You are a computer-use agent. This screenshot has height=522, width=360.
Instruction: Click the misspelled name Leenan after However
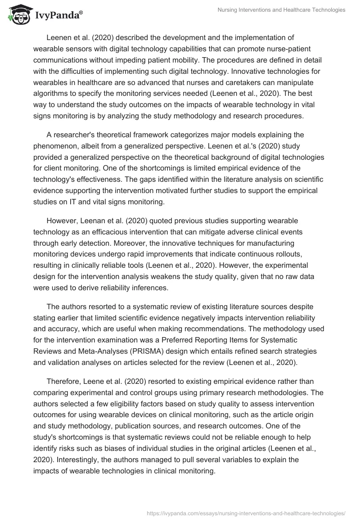click(x=94, y=221)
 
